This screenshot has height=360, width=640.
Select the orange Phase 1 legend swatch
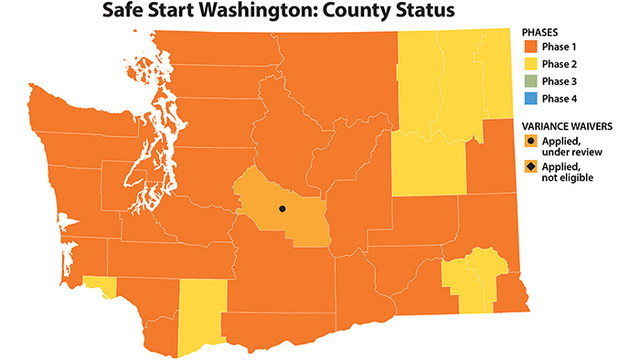point(530,48)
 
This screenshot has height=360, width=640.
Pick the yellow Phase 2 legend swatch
point(530,65)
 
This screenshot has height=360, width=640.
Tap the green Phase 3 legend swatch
point(530,82)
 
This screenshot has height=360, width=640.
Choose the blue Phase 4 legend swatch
point(530,98)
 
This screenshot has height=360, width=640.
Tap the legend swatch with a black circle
point(530,142)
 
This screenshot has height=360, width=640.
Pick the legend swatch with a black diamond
point(530,170)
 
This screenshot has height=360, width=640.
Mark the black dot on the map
point(282,209)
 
